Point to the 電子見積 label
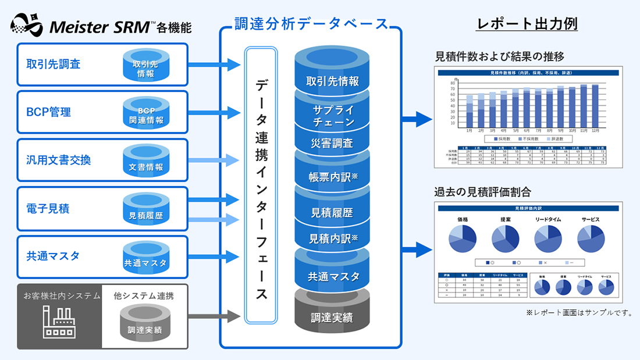click(48, 208)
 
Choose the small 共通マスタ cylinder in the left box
click(146, 259)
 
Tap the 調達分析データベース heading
click(311, 24)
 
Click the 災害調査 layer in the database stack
click(332, 143)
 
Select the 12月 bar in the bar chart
click(595, 106)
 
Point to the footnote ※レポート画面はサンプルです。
click(579, 313)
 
